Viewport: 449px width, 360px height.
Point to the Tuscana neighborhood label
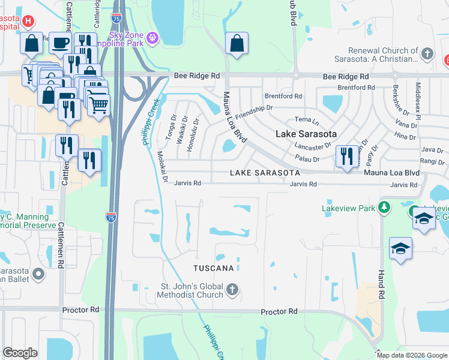pos(213,268)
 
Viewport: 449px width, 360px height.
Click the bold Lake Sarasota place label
pos(306,134)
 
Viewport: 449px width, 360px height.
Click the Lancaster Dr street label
pos(313,146)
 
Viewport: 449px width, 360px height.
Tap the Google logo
pos(20,353)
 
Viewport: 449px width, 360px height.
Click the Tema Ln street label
pos(303,120)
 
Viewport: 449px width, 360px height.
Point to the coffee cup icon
pos(60,43)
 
